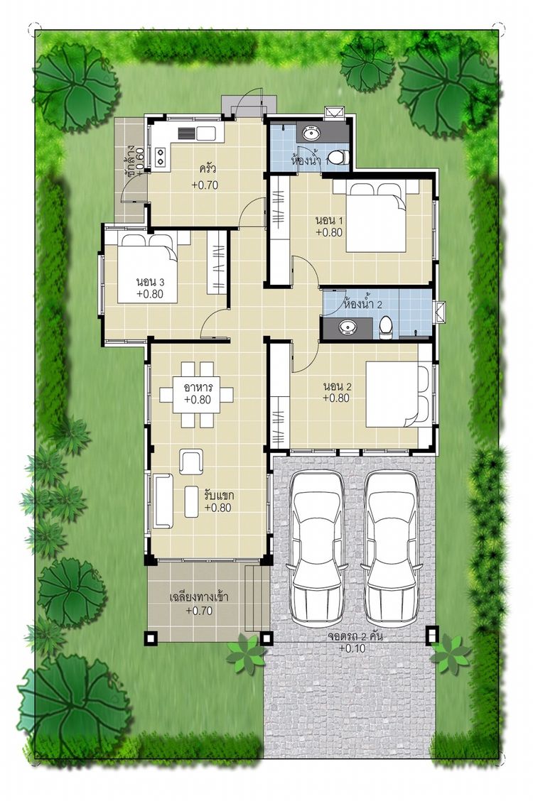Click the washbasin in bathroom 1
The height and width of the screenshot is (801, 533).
[x=311, y=133]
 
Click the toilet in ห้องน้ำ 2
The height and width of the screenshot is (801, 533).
[x=386, y=327]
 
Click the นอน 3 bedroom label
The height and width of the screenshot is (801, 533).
[x=150, y=281]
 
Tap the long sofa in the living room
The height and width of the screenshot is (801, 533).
[x=163, y=500]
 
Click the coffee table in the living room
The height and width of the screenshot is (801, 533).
[x=192, y=501]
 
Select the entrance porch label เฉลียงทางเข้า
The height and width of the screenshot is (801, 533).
[x=198, y=596]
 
